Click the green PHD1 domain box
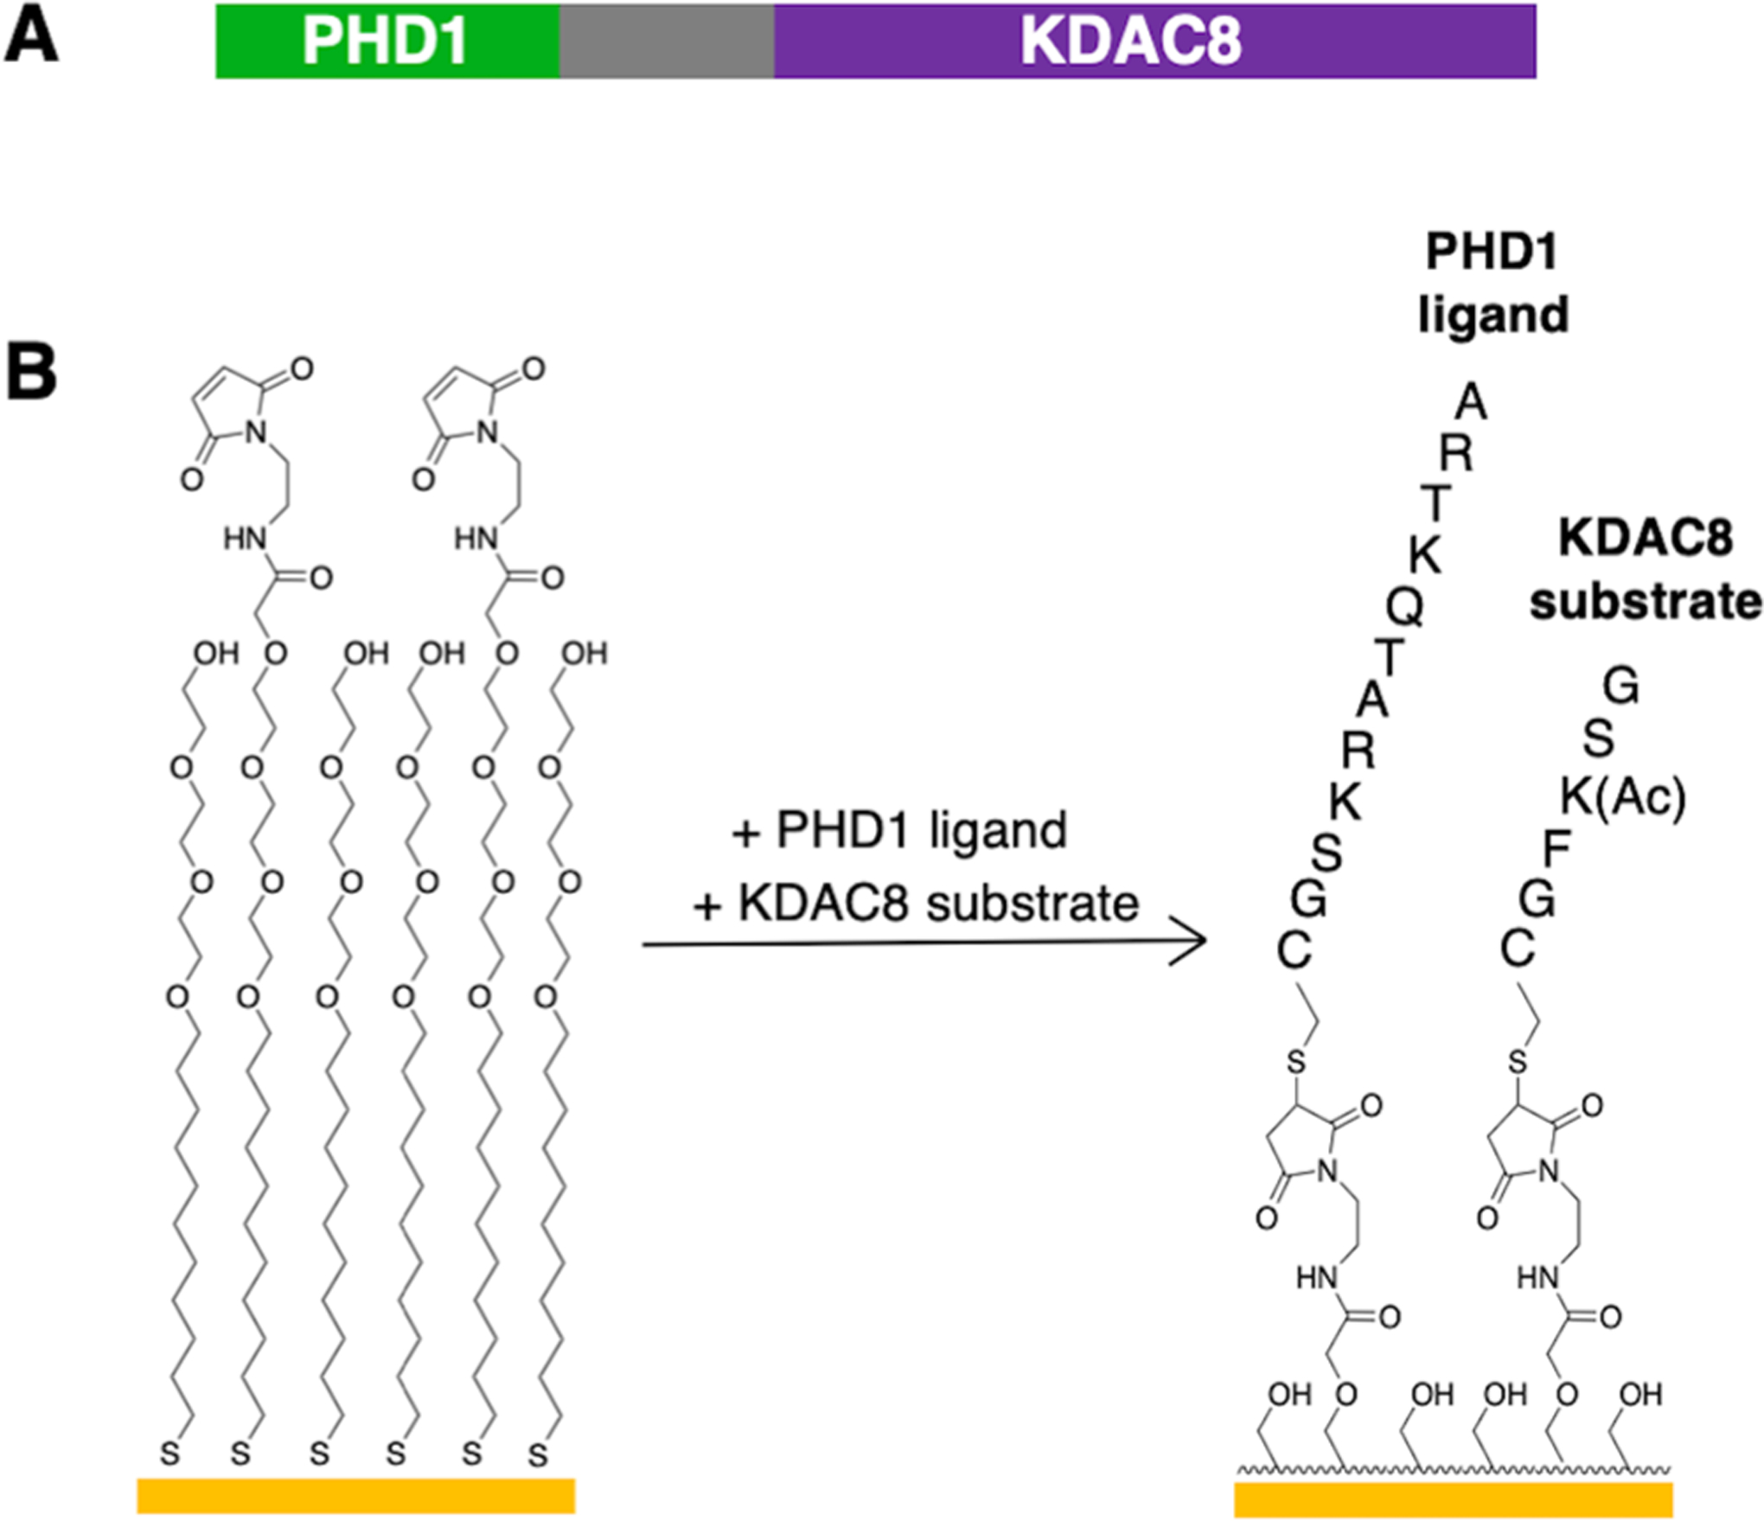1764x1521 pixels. tap(387, 41)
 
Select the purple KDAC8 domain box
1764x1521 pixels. tap(1154, 41)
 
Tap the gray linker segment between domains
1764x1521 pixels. tap(667, 41)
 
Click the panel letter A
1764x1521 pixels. tap(31, 39)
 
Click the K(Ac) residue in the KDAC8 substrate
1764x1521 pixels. tap(1623, 797)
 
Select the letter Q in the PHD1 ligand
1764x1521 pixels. tap(1404, 607)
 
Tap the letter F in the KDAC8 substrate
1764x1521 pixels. tap(1556, 851)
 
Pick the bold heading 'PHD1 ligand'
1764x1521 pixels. tap(1492, 283)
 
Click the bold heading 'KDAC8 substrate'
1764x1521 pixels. tap(1646, 570)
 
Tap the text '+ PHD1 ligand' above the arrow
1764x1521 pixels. tap(899, 831)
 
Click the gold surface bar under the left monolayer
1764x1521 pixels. tap(355, 1496)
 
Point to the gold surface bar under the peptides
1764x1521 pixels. tap(1453, 1499)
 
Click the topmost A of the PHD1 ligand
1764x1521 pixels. tap(1471, 402)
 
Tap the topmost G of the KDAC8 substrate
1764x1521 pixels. tap(1620, 688)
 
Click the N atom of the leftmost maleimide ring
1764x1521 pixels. tap(256, 431)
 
